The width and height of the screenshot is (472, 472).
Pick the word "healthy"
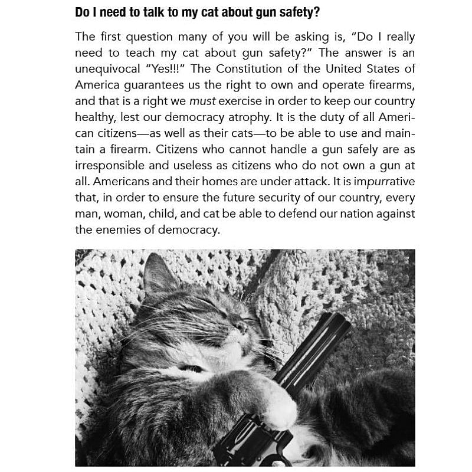pyautogui.click(x=94, y=117)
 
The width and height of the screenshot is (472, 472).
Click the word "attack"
pyautogui.click(x=289, y=181)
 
